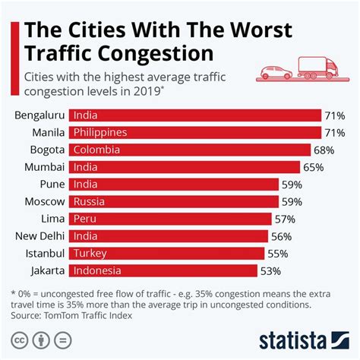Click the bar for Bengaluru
pos(194,115)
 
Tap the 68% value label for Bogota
pos(324,150)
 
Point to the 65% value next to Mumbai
pos(314,167)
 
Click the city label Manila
pos(47,132)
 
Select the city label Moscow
pos(44,201)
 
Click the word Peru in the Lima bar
pos(84,219)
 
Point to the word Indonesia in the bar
pos(97,270)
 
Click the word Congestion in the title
pos(156,56)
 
